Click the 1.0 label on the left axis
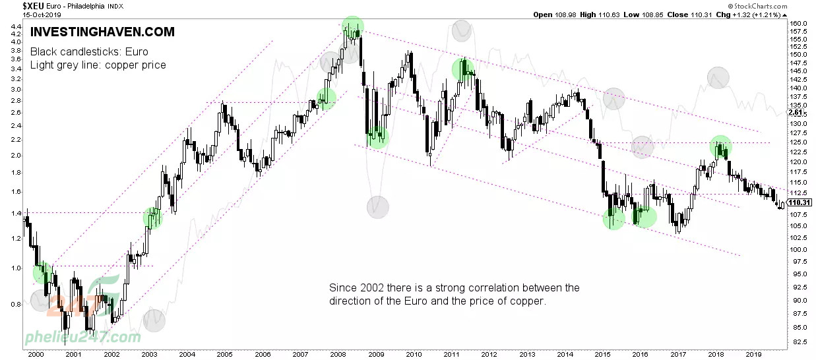16,268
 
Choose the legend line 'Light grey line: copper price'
98,65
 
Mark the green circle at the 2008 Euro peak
353,26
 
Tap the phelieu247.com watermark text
82,338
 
